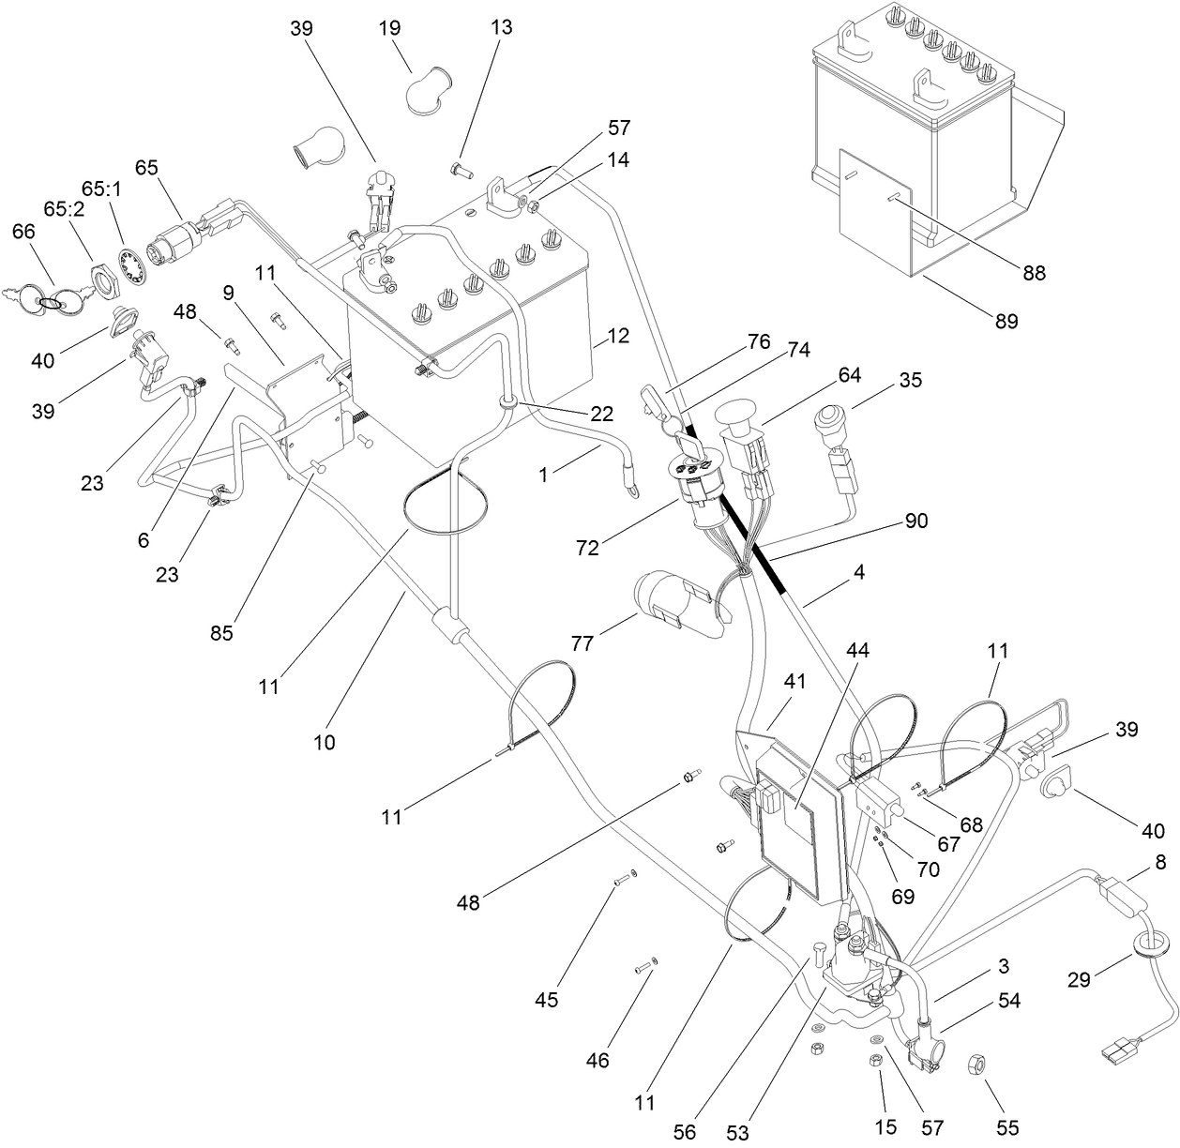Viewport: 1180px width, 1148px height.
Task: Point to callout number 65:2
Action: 65,208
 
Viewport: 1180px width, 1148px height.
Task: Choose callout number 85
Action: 221,633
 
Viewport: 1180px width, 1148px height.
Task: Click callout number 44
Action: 859,649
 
